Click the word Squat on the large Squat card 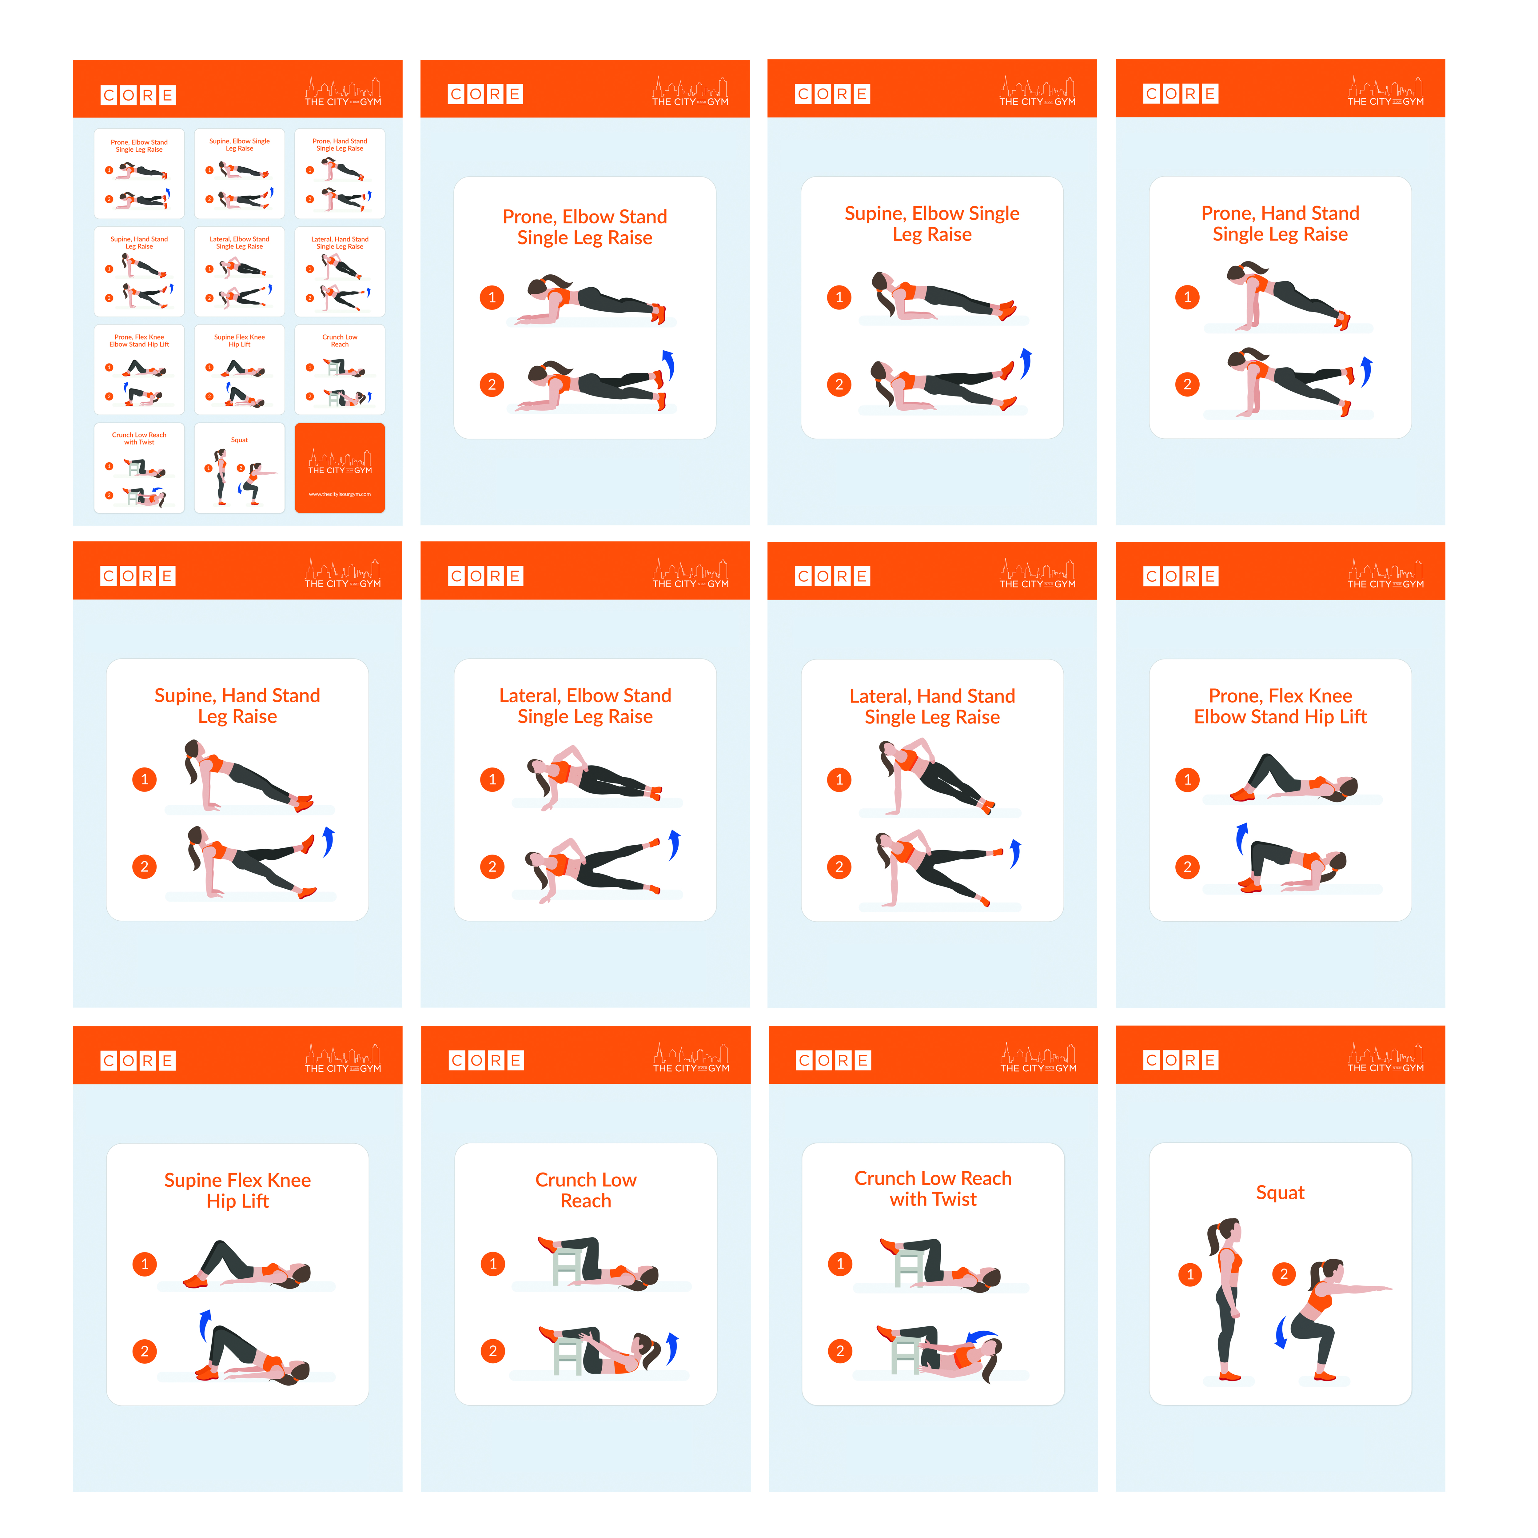click(1279, 1193)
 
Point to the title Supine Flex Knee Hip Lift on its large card click(237, 1190)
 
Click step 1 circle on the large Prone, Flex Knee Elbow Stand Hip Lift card click(1187, 779)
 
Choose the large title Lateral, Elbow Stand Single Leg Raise click(585, 706)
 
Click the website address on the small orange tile click(340, 494)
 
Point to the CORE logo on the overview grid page click(138, 96)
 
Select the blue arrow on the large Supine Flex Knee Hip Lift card click(205, 1325)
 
